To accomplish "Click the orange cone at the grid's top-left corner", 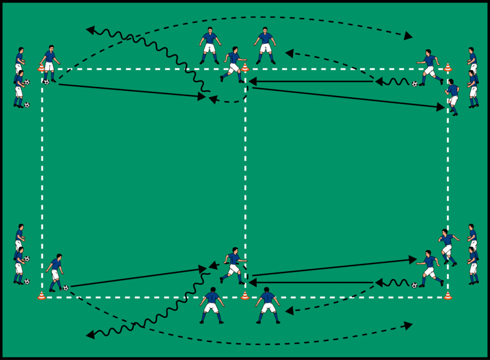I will tap(41, 68).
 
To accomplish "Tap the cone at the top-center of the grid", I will tap(245, 67).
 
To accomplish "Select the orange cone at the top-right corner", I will tap(447, 67).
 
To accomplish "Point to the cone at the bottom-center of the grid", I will tap(245, 295).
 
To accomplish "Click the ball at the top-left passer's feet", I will tap(46, 82).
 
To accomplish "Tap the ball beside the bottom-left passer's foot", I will tap(65, 288).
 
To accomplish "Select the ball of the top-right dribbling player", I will tap(414, 84).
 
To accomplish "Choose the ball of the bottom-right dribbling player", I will tap(414, 285).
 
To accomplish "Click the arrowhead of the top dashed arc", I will tap(408, 37).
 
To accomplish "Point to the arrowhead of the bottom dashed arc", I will tap(408, 325).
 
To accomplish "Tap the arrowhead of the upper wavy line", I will tap(90, 28).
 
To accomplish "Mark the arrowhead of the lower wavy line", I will tap(90, 334).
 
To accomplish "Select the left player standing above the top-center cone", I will tap(209, 45).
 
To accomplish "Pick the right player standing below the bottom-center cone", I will tap(267, 305).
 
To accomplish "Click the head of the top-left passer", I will tap(50, 48).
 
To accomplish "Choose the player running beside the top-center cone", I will tap(233, 65).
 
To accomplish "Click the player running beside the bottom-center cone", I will tap(233, 265).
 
